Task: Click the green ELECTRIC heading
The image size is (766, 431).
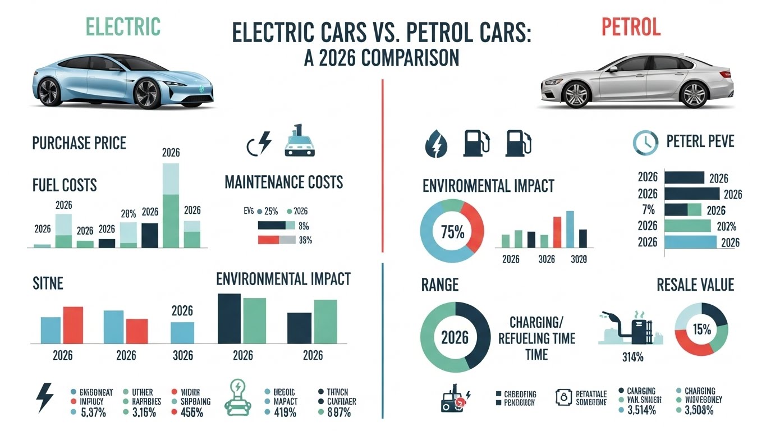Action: [x=123, y=26]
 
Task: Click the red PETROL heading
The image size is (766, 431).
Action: [x=631, y=26]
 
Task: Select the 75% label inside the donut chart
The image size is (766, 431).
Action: [x=452, y=232]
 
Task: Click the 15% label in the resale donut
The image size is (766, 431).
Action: [x=701, y=329]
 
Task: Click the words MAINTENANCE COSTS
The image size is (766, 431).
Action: [x=283, y=182]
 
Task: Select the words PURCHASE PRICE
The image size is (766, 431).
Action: [x=79, y=143]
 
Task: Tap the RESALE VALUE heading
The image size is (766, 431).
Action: [x=695, y=285]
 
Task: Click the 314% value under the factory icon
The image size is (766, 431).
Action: [x=632, y=358]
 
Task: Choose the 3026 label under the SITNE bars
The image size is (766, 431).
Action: [x=182, y=356]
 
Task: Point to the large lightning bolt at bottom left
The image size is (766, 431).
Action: [x=45, y=398]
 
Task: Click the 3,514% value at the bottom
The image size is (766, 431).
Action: [x=640, y=410]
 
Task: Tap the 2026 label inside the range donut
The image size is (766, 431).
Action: [x=455, y=338]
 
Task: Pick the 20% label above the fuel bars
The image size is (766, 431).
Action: [x=129, y=213]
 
